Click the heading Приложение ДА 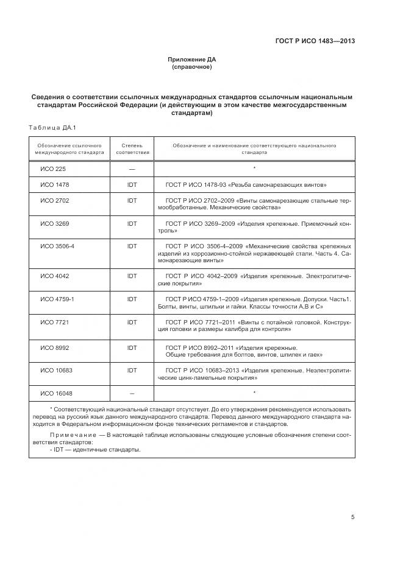[x=192, y=60]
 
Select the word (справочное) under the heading [x=192, y=67]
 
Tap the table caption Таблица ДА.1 [x=51, y=127]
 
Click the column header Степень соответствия [x=132, y=149]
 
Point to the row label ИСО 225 [x=52, y=168]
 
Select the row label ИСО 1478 [x=54, y=184]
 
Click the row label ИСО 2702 [x=54, y=200]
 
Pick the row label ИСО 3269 [x=54, y=223]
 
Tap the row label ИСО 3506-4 [x=57, y=246]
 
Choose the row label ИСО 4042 [x=54, y=276]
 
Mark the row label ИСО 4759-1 [x=57, y=299]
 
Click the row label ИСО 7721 [x=54, y=322]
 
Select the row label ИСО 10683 [x=55, y=369]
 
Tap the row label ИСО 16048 [x=55, y=393]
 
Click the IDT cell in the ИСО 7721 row [x=132, y=322]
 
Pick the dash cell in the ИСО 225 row [x=132, y=168]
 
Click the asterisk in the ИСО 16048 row [x=254, y=393]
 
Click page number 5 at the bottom [x=352, y=517]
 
